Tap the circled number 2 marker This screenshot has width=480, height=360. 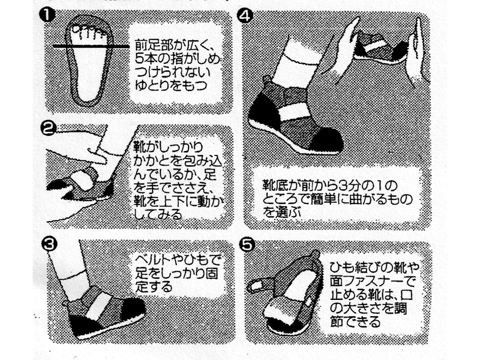[48, 128]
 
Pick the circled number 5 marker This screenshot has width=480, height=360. [246, 244]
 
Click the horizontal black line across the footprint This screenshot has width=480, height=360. [91, 46]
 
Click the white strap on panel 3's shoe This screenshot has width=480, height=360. [98, 306]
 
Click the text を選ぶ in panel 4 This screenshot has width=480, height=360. [282, 212]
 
